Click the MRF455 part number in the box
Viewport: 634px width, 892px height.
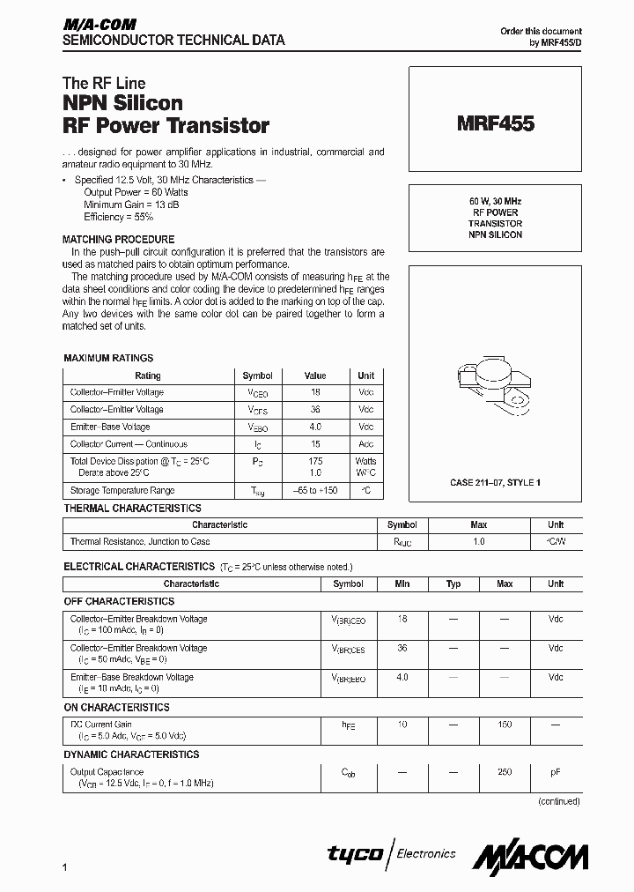pyautogui.click(x=495, y=124)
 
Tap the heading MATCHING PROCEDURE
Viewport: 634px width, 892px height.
pyautogui.click(x=118, y=239)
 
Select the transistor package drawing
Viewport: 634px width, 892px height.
pyautogui.click(x=494, y=389)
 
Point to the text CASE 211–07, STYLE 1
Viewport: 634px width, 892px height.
pyautogui.click(x=495, y=483)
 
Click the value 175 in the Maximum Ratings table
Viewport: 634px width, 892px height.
pyautogui.click(x=315, y=461)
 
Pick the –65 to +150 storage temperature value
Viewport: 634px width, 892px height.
pyautogui.click(x=315, y=490)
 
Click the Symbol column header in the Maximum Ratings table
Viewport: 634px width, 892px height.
pyautogui.click(x=257, y=375)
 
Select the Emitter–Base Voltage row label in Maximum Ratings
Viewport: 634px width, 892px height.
pyautogui.click(x=110, y=427)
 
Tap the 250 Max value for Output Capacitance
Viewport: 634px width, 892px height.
pyautogui.click(x=505, y=771)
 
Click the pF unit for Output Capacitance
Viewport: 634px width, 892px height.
pyautogui.click(x=556, y=771)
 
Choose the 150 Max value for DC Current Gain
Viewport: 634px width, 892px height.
pyautogui.click(x=505, y=724)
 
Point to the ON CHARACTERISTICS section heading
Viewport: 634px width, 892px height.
pyautogui.click(x=116, y=707)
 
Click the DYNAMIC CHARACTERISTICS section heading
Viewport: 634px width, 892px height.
pyautogui.click(x=131, y=754)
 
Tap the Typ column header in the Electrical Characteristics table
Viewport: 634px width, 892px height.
pyautogui.click(x=453, y=584)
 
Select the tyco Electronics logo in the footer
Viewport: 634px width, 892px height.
pyautogui.click(x=392, y=853)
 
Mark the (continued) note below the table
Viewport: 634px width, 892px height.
pyautogui.click(x=558, y=801)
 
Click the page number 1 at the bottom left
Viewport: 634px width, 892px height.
pyautogui.click(x=66, y=869)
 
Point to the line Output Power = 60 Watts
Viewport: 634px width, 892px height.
pyautogui.click(x=136, y=191)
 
